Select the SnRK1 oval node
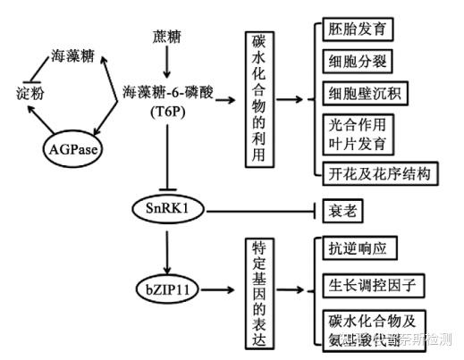click(167, 208)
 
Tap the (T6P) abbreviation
click(167, 113)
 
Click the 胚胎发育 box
click(359, 29)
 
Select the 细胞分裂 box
click(359, 61)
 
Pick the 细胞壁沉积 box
click(366, 93)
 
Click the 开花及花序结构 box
click(380, 172)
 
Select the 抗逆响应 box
click(358, 248)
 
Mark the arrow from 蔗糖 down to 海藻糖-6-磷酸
click(167, 63)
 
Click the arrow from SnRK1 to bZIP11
click(167, 246)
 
